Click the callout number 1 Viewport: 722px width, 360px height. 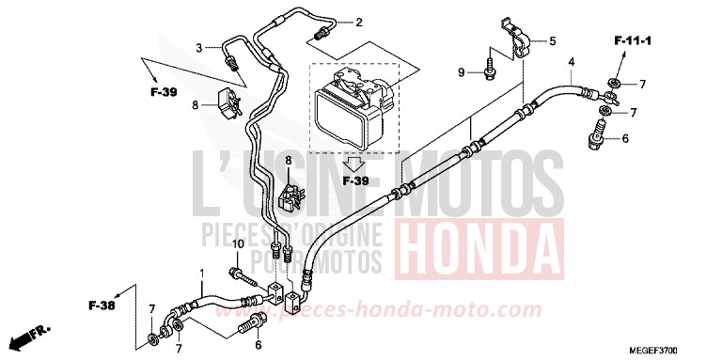coord(201,273)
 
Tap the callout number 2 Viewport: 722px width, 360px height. coord(358,22)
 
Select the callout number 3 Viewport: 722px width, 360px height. coord(199,47)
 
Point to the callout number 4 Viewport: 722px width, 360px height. coord(571,63)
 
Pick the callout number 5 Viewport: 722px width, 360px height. coord(553,40)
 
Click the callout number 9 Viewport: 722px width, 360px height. coord(462,72)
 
